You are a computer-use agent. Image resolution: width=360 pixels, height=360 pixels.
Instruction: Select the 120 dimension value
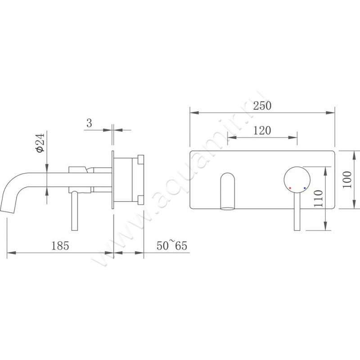click(261, 130)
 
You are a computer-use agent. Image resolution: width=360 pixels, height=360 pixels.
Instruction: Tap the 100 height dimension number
click(346, 180)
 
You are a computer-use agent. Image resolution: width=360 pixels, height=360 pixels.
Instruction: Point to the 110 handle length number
click(319, 198)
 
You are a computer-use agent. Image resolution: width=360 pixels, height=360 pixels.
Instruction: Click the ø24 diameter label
click(40, 143)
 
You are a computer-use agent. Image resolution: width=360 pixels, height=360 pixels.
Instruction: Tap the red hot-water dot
click(291, 188)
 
